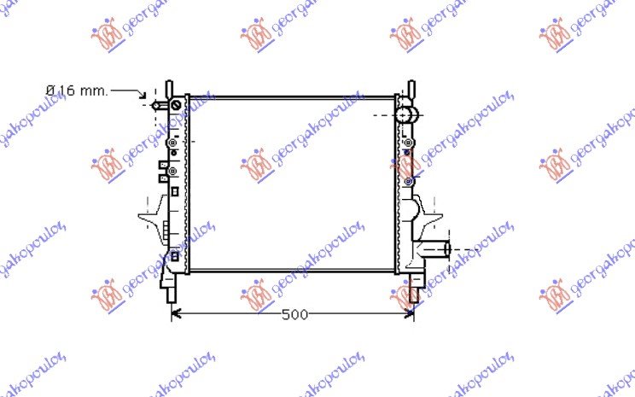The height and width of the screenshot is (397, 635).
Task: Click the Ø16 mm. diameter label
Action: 76,90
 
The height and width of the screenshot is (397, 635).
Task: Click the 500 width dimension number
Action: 294,315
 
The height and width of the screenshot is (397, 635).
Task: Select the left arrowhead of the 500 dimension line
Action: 177,315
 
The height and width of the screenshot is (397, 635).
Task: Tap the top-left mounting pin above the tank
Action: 169,90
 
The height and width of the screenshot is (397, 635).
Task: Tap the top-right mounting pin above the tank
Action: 411,89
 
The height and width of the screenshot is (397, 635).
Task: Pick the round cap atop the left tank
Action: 177,105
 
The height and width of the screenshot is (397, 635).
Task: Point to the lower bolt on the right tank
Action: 410,181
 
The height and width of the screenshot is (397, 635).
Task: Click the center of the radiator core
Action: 292,184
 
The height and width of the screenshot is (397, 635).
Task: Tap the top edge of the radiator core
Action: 292,97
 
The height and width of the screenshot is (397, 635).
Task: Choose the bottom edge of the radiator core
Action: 292,271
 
